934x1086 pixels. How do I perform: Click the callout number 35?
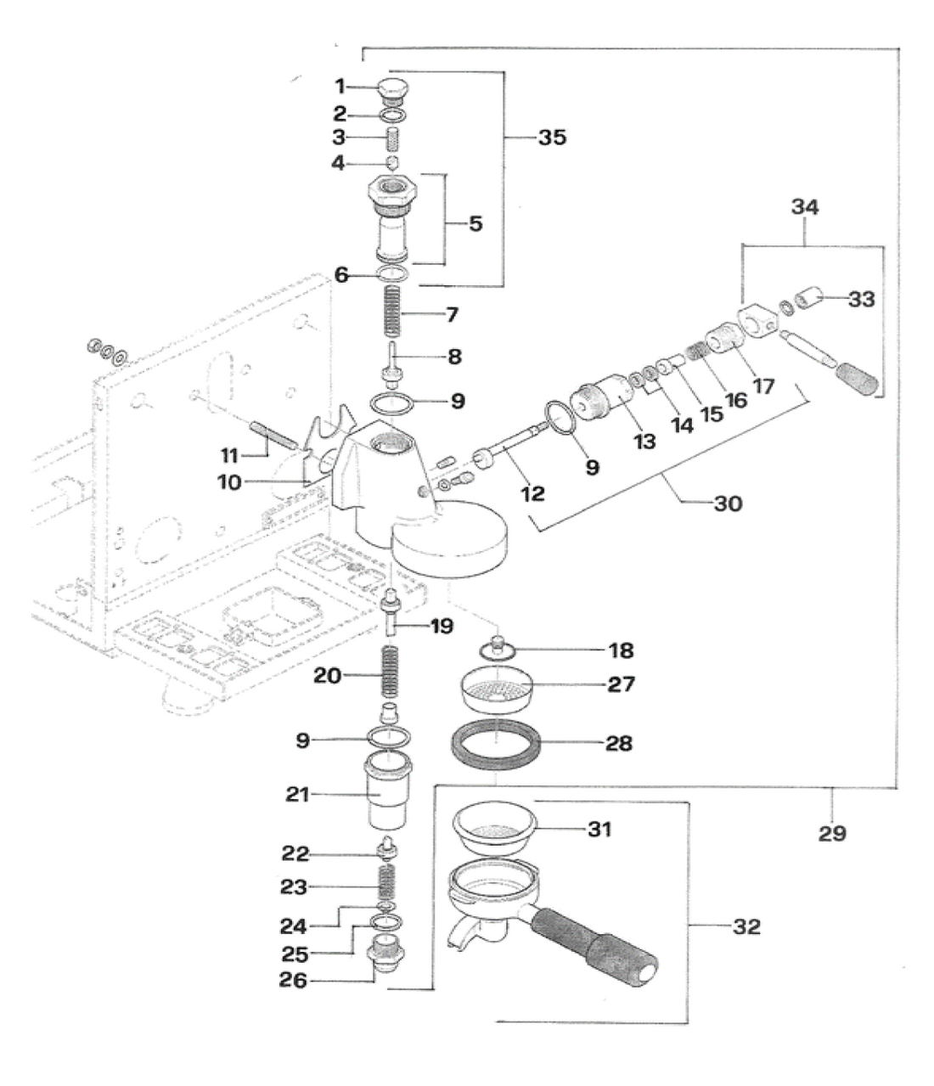pyautogui.click(x=552, y=138)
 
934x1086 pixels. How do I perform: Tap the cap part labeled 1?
pyautogui.click(x=392, y=87)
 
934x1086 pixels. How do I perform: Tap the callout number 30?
pyautogui.click(x=728, y=504)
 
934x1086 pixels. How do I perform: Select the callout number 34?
pyautogui.click(x=805, y=206)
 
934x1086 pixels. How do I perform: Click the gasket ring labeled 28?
pyautogui.click(x=494, y=743)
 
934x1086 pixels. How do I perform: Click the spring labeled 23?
pyautogui.click(x=387, y=886)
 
